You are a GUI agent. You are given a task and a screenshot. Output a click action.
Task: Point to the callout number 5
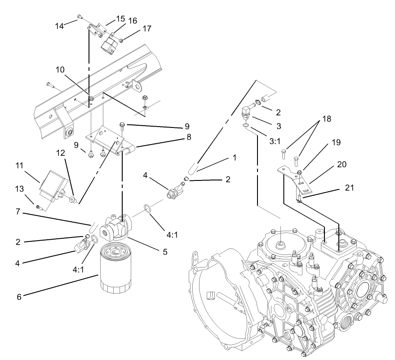tap(165, 252)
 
